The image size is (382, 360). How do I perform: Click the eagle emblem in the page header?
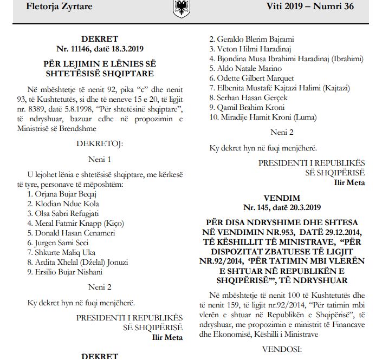pos(180,9)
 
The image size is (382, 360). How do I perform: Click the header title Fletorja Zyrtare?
pos(60,7)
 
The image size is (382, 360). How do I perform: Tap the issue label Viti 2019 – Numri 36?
pos(310,7)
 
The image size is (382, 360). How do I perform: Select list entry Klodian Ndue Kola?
pos(61,204)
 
